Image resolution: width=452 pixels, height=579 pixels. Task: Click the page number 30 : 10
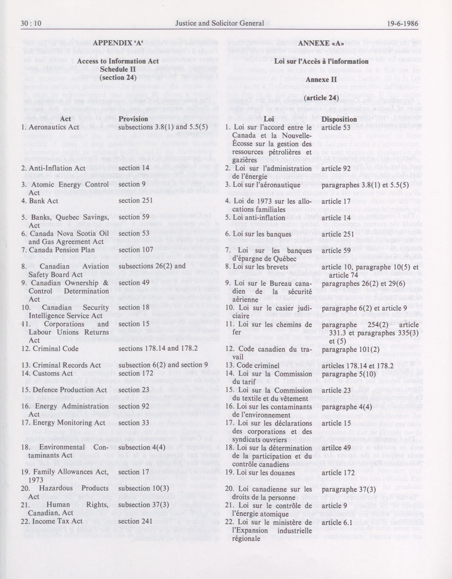coord(31,23)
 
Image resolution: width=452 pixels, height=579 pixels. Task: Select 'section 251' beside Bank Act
coord(136,201)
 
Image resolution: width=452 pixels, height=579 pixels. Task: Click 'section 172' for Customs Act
coord(136,374)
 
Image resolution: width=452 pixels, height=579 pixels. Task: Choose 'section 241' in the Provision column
coord(136,514)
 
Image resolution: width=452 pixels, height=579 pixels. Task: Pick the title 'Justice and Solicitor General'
coord(220,23)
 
